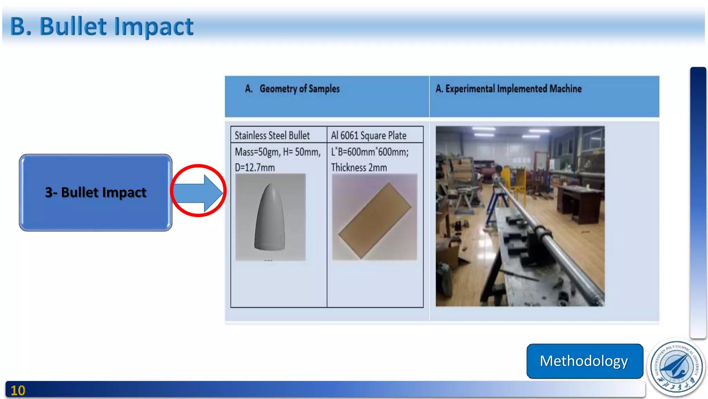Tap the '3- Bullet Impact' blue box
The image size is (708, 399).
(x=95, y=193)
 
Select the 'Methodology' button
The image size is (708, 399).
(x=584, y=361)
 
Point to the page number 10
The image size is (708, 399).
(x=18, y=391)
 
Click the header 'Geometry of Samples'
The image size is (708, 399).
(x=299, y=89)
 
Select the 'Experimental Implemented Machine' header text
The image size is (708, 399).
(x=513, y=89)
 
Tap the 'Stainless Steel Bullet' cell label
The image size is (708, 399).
(x=272, y=135)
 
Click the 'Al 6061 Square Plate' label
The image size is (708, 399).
(x=369, y=135)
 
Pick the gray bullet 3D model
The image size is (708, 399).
(x=270, y=218)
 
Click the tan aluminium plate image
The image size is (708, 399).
(x=375, y=220)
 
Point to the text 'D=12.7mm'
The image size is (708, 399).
(x=255, y=168)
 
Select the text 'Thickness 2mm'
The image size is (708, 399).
(x=359, y=168)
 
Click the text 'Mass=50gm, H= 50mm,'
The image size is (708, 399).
(x=278, y=152)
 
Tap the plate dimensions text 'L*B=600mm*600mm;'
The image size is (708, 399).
(x=370, y=152)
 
